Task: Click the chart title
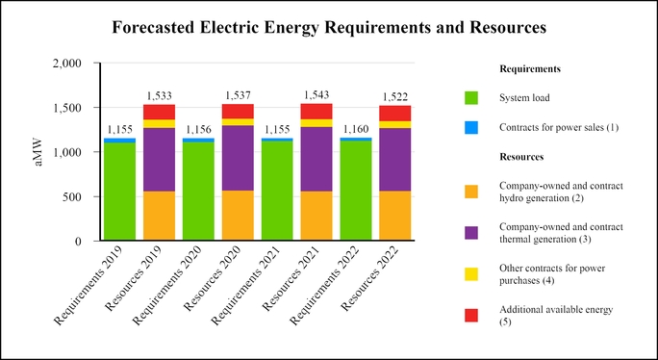(329, 28)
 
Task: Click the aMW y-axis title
(39, 152)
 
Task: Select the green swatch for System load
(470, 98)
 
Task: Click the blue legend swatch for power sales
(470, 128)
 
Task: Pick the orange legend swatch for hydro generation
(470, 190)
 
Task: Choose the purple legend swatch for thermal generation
(470, 233)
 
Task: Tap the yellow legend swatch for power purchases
(470, 274)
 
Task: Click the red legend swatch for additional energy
(470, 316)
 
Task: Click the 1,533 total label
(159, 96)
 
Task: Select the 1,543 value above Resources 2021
(316, 95)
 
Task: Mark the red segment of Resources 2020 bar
(238, 111)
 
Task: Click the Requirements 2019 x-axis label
(95, 284)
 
